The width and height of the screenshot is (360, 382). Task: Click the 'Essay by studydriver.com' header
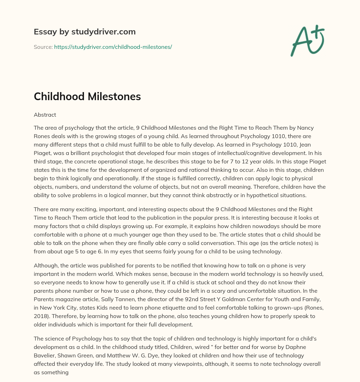[84, 32]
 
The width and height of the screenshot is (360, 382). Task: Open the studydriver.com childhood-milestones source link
[113, 47]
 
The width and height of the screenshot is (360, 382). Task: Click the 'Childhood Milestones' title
[87, 97]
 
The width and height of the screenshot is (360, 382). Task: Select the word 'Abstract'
[45, 115]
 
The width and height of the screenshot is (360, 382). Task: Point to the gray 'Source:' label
[43, 47]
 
